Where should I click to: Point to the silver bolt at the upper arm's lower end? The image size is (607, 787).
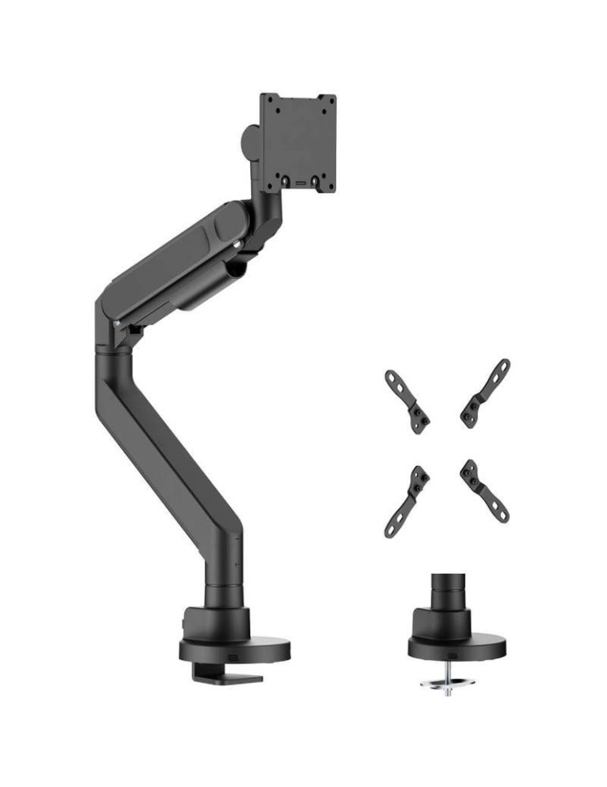(117, 323)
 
